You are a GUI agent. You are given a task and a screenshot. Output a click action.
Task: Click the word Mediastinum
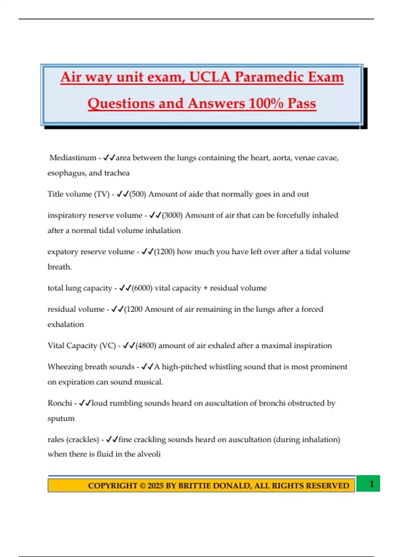[73, 158]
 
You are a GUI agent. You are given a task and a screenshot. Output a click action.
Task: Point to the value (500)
[138, 194]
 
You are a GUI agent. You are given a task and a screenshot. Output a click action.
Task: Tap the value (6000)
[142, 288]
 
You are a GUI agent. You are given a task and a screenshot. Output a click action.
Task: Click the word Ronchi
[60, 403]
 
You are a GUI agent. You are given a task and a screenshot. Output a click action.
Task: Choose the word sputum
[61, 418]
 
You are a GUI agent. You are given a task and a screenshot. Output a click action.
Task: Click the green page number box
[368, 484]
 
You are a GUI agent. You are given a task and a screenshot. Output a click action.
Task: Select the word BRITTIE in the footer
[194, 486]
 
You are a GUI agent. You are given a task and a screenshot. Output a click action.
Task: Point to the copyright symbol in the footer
[143, 486]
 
